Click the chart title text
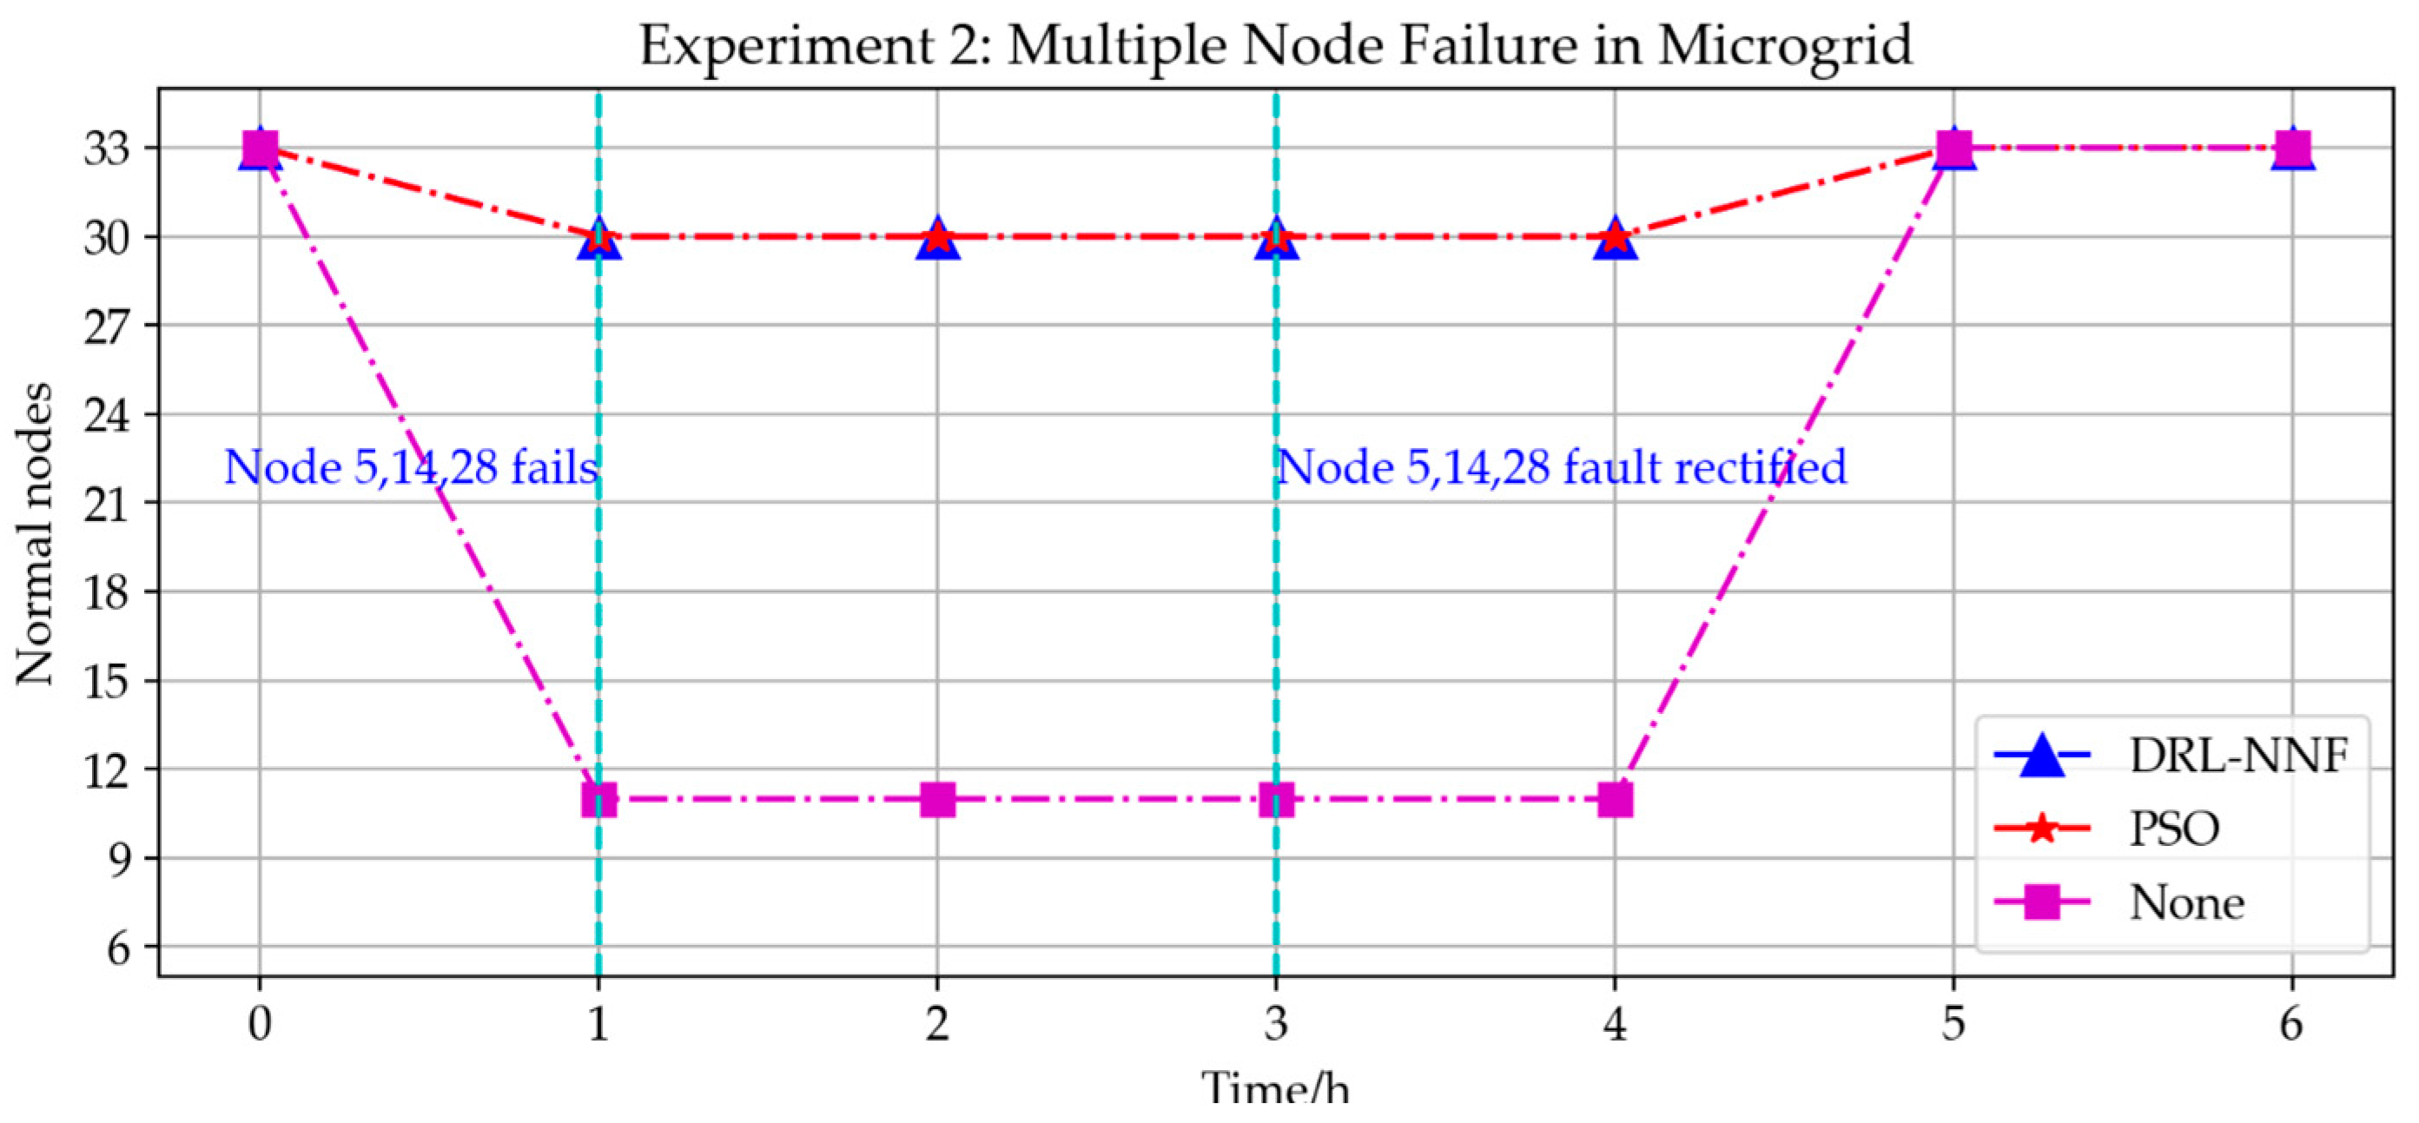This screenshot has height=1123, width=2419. point(1275,45)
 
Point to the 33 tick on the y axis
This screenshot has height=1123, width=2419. point(106,149)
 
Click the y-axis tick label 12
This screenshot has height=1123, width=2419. point(106,770)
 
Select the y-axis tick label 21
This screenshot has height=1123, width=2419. point(106,503)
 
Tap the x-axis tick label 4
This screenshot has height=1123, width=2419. point(1614,1022)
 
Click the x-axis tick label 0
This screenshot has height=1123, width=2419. point(259,1022)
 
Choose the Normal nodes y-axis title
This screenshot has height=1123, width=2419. point(36,533)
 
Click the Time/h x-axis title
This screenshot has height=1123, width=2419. point(1275,1091)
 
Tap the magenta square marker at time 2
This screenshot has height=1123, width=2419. point(937,800)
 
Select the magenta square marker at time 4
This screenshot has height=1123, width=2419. point(1614,800)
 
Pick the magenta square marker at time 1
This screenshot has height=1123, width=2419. point(599,800)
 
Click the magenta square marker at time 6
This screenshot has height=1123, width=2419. point(2292,149)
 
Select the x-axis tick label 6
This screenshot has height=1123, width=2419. point(2292,1022)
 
